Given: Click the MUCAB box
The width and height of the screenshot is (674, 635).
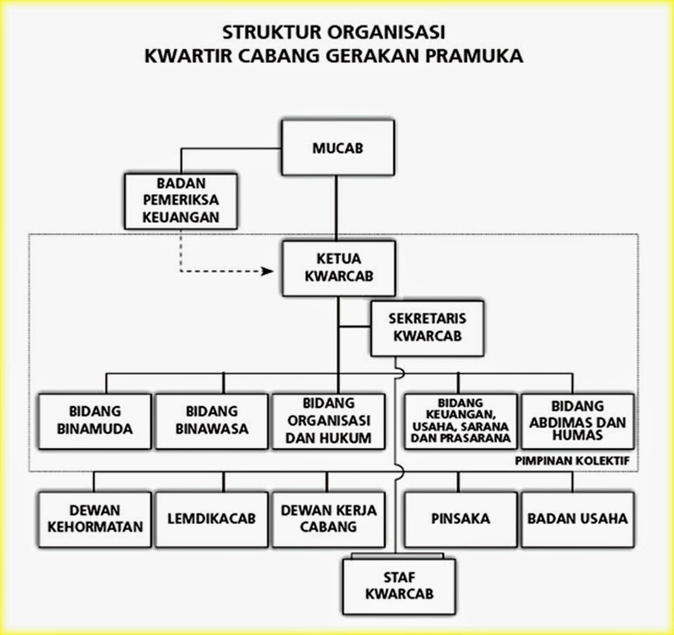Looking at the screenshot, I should (x=337, y=148).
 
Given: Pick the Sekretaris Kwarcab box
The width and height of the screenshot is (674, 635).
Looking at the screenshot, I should (x=427, y=328).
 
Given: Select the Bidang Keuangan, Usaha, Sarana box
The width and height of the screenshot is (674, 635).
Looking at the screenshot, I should (x=459, y=420).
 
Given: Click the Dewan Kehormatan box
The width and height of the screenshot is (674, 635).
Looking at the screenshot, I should (x=94, y=518).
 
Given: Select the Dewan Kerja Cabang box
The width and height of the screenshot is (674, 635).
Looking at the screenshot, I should (x=327, y=518).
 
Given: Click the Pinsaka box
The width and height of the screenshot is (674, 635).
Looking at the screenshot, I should (x=459, y=518).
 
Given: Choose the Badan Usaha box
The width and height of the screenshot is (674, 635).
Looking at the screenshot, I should (x=577, y=518).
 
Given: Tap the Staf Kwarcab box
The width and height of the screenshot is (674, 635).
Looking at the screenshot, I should (x=400, y=586).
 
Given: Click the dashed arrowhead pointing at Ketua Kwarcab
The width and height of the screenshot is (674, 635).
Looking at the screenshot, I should (x=268, y=272).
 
